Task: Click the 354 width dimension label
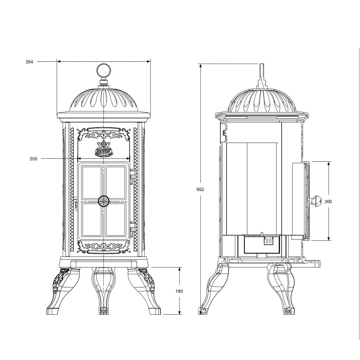click(x=29, y=62)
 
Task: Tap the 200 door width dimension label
click(x=33, y=159)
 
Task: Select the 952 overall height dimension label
click(x=200, y=189)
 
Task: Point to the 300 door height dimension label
click(x=328, y=201)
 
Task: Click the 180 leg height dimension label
click(x=179, y=291)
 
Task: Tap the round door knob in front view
click(x=104, y=201)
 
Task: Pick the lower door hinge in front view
click(x=133, y=229)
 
